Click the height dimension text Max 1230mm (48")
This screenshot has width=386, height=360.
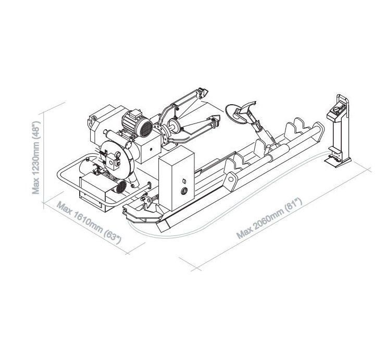click(x=36, y=157)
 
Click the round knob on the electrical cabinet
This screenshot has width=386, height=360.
click(x=184, y=191)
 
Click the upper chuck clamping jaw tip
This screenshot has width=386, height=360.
click(x=203, y=92)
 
